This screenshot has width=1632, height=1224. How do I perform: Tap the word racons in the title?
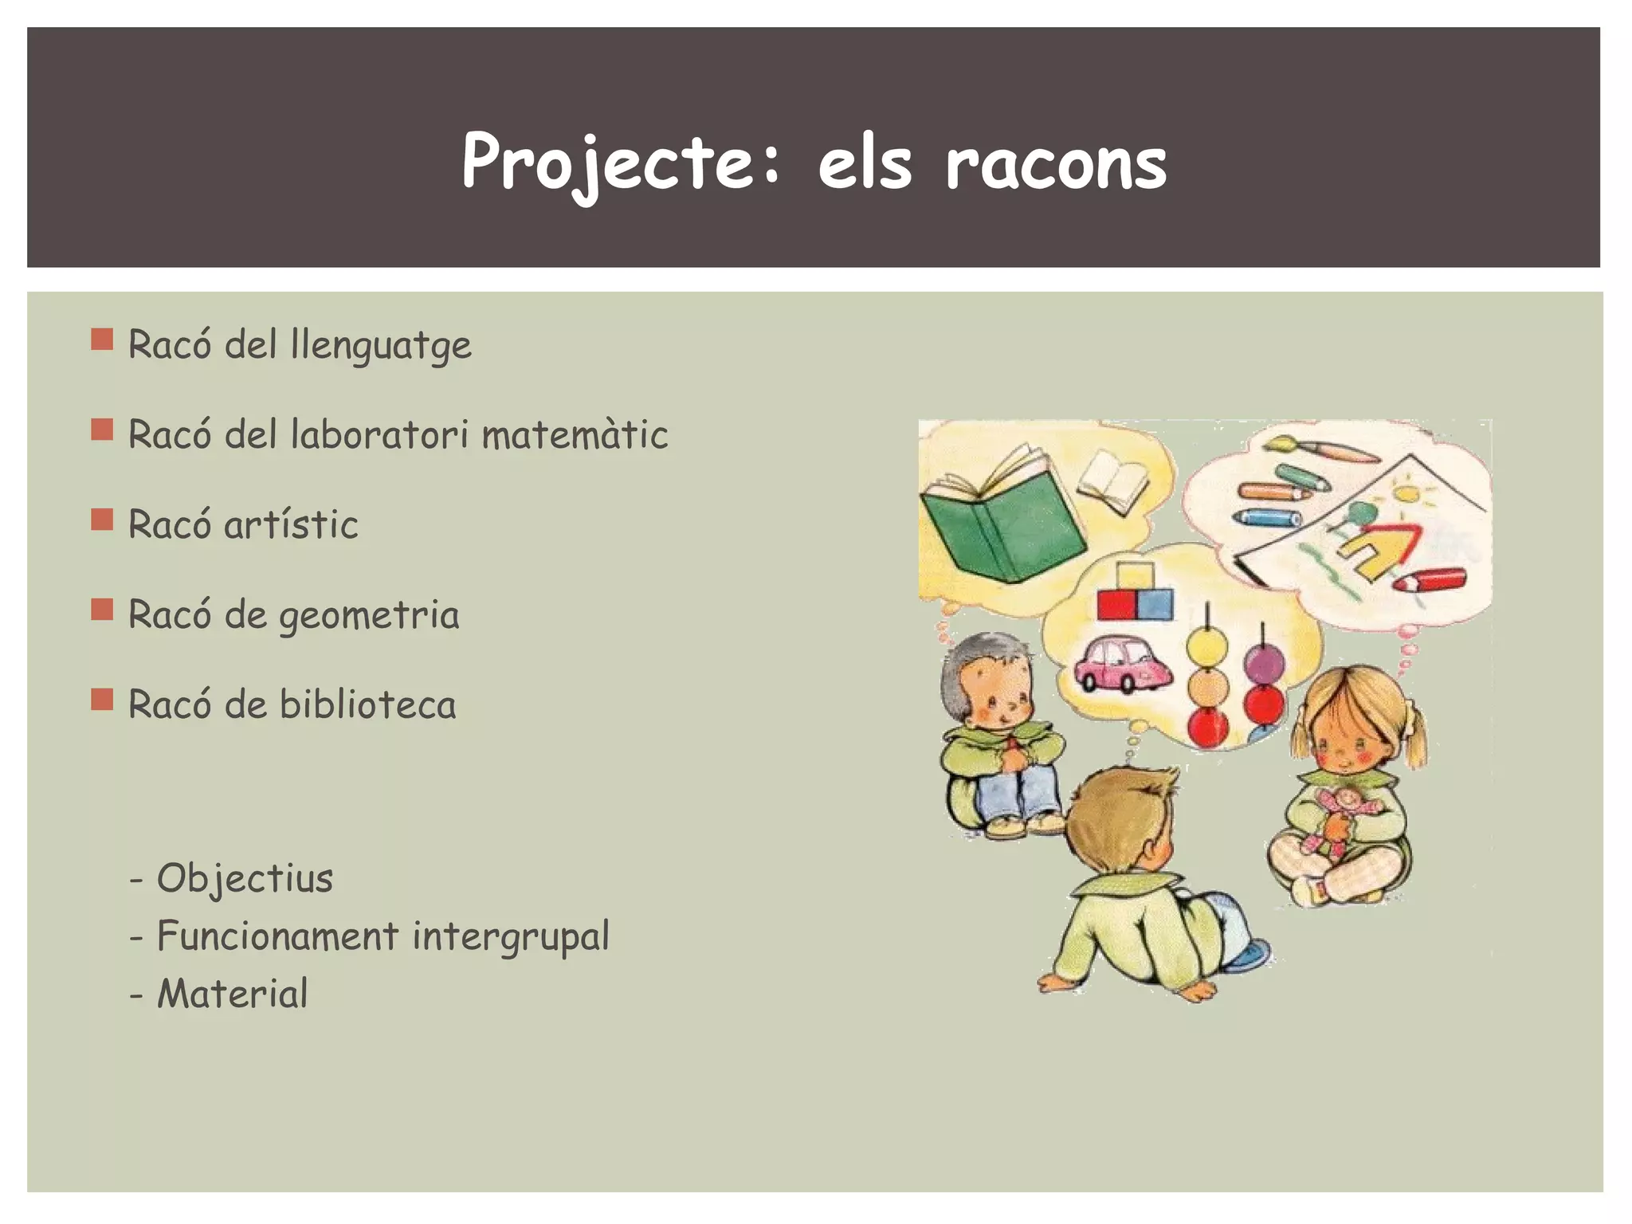(x=1056, y=164)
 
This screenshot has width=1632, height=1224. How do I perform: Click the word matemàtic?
(x=575, y=435)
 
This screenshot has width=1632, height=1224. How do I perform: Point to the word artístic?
(x=291, y=525)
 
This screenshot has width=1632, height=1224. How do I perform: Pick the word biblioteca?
(x=367, y=705)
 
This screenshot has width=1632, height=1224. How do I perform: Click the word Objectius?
(x=245, y=878)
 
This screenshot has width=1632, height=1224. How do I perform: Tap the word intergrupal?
(x=510, y=936)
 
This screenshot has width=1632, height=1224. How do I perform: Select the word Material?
(x=232, y=994)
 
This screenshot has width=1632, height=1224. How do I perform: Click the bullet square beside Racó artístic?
(x=102, y=520)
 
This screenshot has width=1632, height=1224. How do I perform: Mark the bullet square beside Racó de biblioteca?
(x=102, y=700)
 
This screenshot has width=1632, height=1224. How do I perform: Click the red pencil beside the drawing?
(x=1430, y=579)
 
